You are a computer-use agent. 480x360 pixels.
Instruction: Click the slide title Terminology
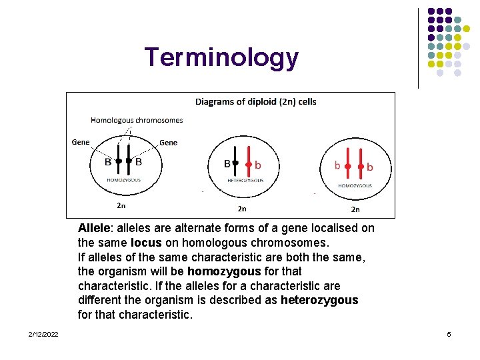click(x=221, y=58)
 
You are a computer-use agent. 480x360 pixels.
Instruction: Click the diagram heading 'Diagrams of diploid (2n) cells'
click(x=255, y=102)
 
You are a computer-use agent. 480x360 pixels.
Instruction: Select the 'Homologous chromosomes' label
click(x=137, y=120)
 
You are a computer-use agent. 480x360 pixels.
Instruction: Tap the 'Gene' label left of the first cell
click(x=81, y=142)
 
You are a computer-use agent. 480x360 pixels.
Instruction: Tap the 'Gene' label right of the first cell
click(x=169, y=142)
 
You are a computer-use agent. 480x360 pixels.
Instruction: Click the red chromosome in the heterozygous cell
click(x=248, y=162)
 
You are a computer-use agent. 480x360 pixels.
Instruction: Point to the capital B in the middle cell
click(x=227, y=163)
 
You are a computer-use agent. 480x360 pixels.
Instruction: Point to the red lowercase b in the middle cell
click(x=258, y=164)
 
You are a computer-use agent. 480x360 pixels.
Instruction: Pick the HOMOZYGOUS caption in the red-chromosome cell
click(x=355, y=185)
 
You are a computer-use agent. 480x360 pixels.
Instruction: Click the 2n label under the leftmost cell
click(x=121, y=205)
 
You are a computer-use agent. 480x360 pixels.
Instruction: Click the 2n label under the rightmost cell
click(x=355, y=209)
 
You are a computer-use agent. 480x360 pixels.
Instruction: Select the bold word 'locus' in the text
click(x=146, y=243)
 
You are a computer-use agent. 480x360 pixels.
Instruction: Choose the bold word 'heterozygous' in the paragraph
click(x=319, y=300)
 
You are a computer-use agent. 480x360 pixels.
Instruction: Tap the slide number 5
click(x=449, y=333)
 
